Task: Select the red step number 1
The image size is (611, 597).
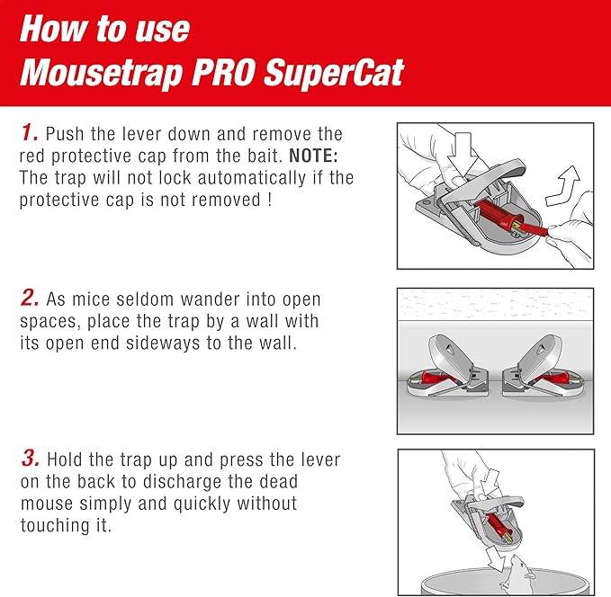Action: coord(29,134)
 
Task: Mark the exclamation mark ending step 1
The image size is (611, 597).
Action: coord(269,199)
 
